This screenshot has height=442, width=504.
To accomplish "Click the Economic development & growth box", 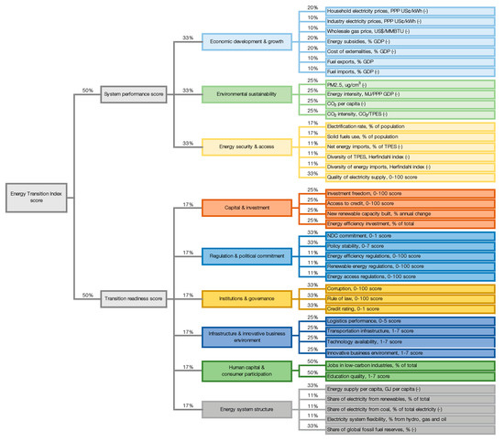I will (236, 41).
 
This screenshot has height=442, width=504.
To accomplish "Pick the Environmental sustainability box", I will (236, 93).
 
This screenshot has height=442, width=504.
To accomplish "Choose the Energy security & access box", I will (236, 146).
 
